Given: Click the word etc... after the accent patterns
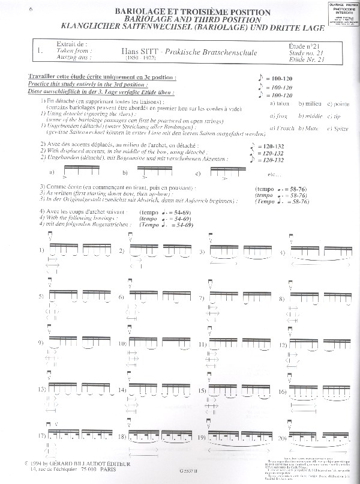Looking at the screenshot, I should coord(276,175).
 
